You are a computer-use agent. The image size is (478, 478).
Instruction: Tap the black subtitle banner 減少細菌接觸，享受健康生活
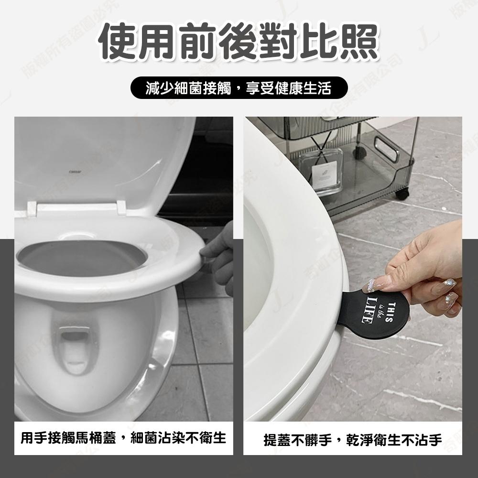click(239, 88)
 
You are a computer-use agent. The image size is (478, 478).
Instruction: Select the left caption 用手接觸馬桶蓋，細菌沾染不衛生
click(123, 437)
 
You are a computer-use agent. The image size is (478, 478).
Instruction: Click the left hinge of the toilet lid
click(32, 208)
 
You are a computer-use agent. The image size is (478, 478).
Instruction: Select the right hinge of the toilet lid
click(121, 207)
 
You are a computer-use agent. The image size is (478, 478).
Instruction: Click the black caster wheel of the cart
click(402, 194)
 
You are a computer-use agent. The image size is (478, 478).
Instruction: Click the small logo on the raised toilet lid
click(75, 167)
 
